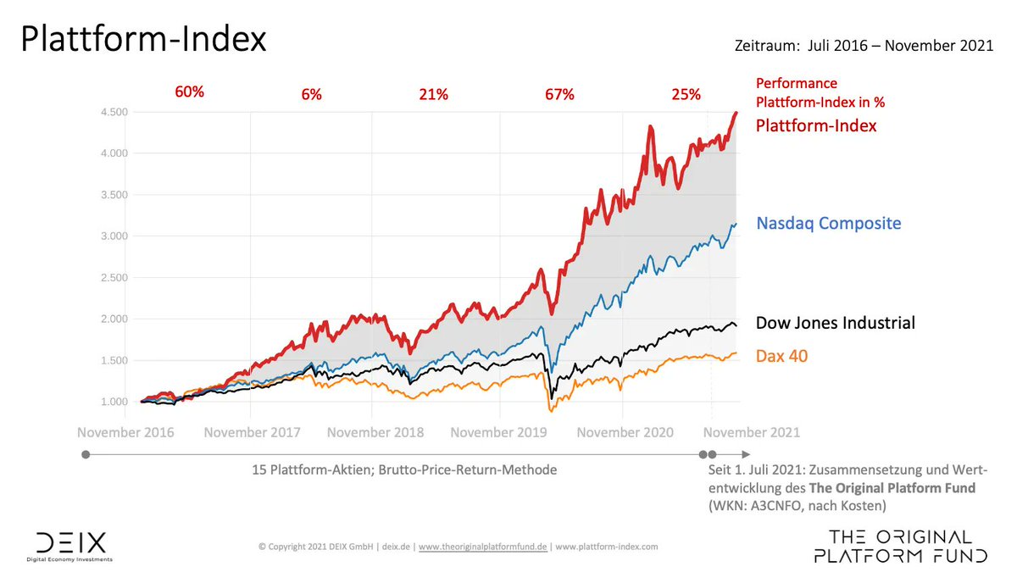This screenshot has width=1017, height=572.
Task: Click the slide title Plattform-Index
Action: point(143,40)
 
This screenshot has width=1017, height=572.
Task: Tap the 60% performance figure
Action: point(189,92)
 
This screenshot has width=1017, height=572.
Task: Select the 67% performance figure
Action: point(559,94)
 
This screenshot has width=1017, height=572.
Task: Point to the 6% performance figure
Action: point(311,94)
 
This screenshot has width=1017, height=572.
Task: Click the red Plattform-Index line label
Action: point(816,125)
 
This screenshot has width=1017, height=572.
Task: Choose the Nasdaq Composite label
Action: point(828,224)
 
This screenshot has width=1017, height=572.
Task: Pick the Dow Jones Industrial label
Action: point(835,323)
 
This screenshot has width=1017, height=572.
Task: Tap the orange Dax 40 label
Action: point(781,356)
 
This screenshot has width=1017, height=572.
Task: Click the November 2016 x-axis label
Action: point(125,432)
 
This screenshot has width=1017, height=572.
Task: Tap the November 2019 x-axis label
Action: point(499,432)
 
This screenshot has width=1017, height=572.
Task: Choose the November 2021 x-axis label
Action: point(752,432)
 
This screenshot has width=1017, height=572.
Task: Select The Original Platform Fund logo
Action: point(900,547)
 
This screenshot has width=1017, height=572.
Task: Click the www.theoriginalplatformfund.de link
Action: point(483,547)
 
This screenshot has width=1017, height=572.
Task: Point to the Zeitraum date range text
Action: point(864,47)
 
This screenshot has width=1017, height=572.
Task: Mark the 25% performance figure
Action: point(686,94)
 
